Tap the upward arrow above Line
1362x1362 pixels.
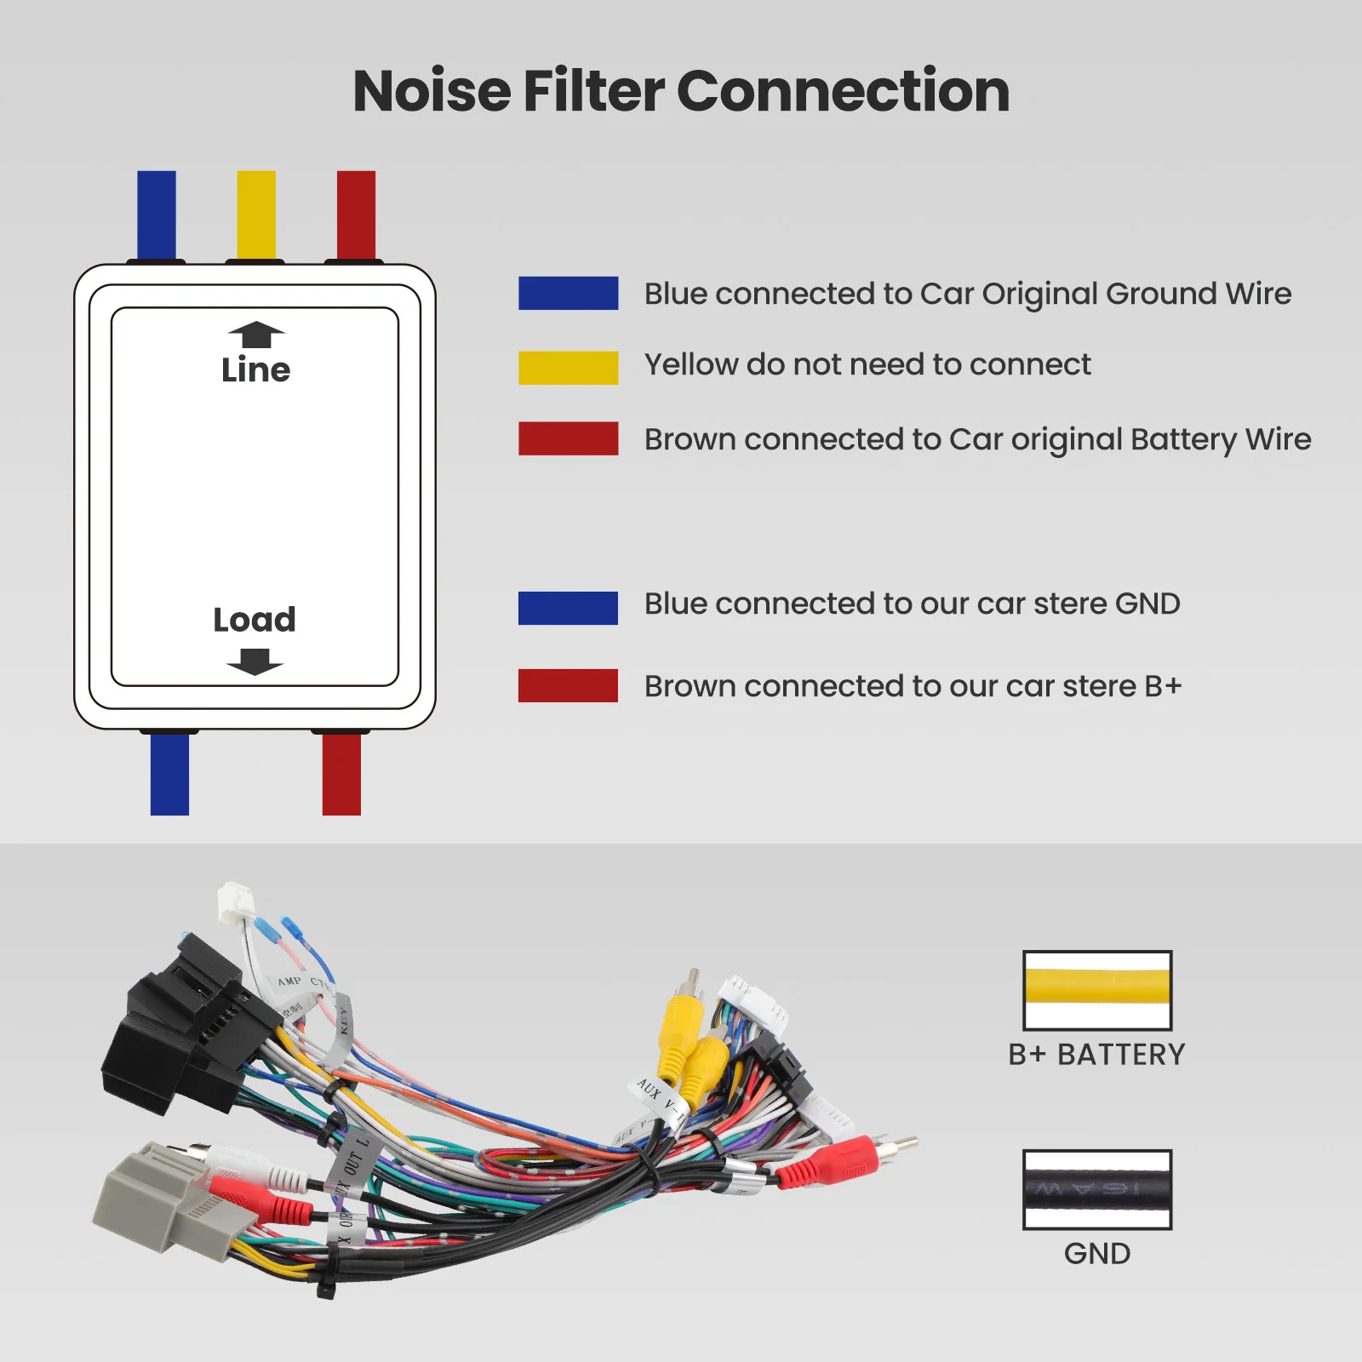(255, 335)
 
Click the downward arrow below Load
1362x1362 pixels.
(255, 661)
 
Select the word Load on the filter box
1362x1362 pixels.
(255, 620)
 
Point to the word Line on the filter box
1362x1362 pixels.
(255, 370)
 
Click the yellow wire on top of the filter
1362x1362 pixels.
(256, 215)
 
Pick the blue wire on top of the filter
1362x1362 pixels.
(157, 215)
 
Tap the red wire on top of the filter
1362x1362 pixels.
(356, 215)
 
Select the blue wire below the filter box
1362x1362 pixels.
(169, 774)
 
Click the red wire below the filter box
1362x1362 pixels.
(341, 774)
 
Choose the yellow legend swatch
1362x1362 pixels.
(568, 368)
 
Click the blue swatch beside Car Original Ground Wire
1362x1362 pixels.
(568, 293)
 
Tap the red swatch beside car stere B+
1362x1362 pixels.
(568, 685)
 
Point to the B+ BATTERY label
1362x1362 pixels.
(1096, 1055)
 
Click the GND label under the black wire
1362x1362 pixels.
(1096, 1254)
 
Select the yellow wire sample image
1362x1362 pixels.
(1096, 990)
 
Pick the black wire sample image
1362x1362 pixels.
(1096, 1189)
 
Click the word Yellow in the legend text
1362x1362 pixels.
(690, 364)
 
